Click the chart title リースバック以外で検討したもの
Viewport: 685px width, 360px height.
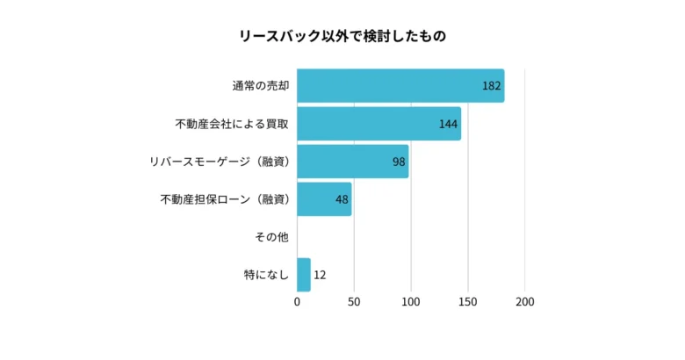342,36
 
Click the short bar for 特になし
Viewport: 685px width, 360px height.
304,275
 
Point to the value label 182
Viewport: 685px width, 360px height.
491,86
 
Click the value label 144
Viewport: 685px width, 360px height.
448,124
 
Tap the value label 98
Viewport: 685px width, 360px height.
399,162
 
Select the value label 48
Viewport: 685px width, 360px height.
342,199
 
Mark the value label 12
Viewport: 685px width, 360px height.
320,275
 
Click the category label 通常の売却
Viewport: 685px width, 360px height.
261,86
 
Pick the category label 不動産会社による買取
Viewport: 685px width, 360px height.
232,124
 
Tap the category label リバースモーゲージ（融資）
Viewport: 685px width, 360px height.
220,162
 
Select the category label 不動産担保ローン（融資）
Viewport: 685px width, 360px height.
225,199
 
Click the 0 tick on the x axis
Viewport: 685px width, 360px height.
297,302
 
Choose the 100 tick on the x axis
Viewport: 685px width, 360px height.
411,302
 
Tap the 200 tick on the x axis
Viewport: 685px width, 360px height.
525,302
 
